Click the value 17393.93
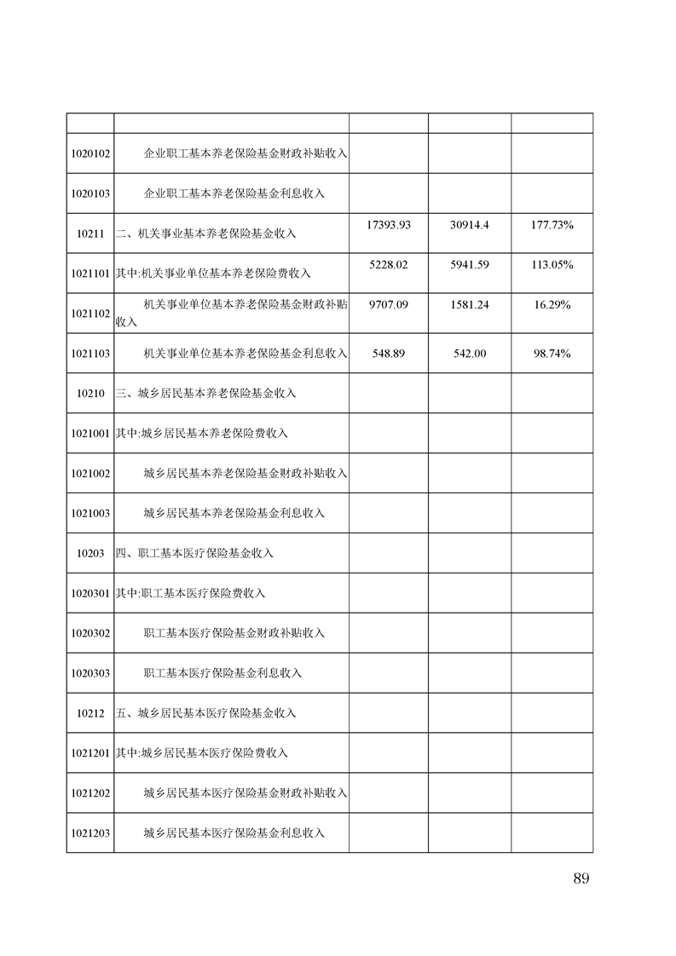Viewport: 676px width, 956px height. pyautogui.click(x=389, y=225)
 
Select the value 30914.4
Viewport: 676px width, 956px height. pyautogui.click(x=470, y=225)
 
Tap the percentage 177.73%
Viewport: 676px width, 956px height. pyautogui.click(x=552, y=225)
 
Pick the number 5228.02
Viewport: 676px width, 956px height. pyautogui.click(x=389, y=265)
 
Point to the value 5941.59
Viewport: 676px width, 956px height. pyautogui.click(x=470, y=265)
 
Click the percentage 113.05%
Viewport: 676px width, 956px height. pyautogui.click(x=552, y=265)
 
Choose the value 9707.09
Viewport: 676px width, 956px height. pyautogui.click(x=389, y=305)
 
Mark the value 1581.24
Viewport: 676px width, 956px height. pyautogui.click(x=470, y=305)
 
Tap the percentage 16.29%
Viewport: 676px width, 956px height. pyautogui.click(x=552, y=305)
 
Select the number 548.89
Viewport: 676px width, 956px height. pyautogui.click(x=389, y=354)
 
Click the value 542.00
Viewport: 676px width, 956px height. pyautogui.click(x=470, y=354)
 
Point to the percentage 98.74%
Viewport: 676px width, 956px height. pyautogui.click(x=552, y=354)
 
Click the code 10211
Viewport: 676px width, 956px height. pyautogui.click(x=90, y=233)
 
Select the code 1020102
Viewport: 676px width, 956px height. pyautogui.click(x=90, y=153)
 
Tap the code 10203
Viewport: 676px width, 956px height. pyautogui.click(x=90, y=553)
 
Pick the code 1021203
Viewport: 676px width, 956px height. pyautogui.click(x=90, y=832)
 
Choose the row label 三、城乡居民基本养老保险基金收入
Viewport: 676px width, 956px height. pyautogui.click(x=205, y=394)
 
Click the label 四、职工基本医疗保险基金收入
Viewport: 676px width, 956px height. pyautogui.click(x=194, y=553)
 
